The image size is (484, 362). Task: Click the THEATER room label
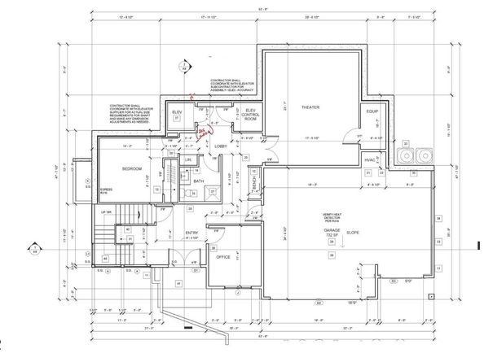click(309, 107)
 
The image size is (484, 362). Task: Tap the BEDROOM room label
click(133, 168)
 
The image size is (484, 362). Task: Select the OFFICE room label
click(222, 256)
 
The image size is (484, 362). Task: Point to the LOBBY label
click(221, 146)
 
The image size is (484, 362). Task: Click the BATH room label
click(199, 181)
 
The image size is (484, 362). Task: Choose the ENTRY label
click(192, 233)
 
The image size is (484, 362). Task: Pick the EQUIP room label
click(372, 111)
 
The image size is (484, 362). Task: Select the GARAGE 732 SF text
click(331, 231)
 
